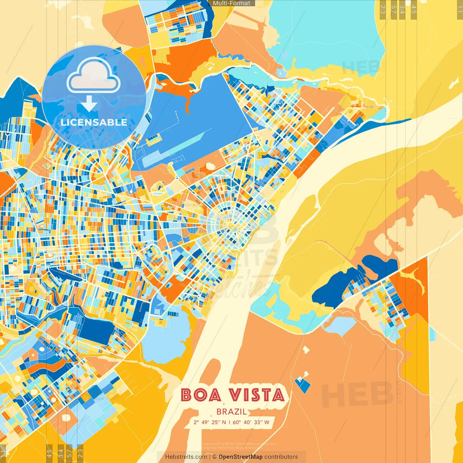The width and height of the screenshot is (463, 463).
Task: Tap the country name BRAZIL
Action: [x=232, y=412]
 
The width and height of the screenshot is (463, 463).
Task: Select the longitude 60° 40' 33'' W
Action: [x=251, y=422]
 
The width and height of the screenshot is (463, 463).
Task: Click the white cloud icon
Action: [x=93, y=76]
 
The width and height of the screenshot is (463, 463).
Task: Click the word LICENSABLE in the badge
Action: [x=94, y=122]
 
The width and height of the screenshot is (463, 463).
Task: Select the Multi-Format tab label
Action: [x=231, y=3]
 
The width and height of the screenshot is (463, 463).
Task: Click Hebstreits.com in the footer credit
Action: [x=186, y=457]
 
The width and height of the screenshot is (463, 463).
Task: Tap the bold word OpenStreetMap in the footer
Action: [x=241, y=457]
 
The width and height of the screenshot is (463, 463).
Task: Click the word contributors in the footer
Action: [x=281, y=457]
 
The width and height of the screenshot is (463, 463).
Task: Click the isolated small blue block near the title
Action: [x=303, y=385]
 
